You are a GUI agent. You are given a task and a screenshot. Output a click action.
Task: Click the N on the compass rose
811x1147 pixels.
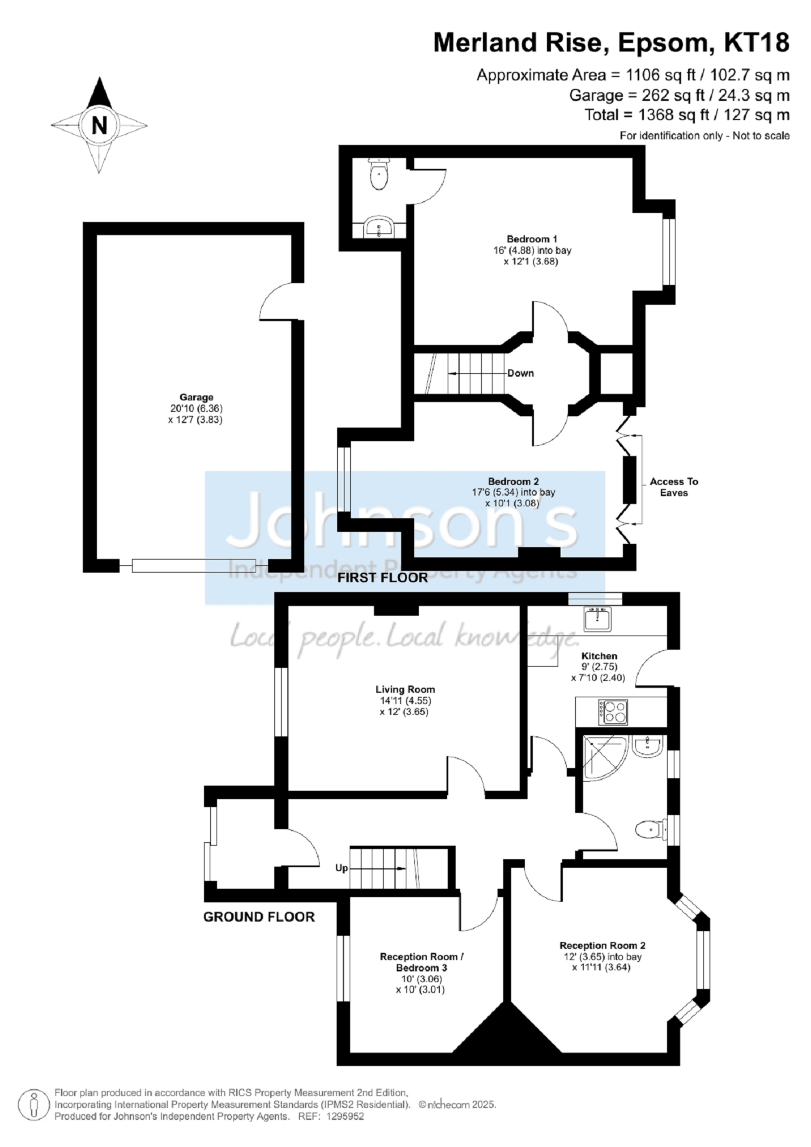click(x=99, y=125)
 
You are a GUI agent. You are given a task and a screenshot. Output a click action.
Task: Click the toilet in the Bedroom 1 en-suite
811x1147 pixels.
click(x=379, y=173)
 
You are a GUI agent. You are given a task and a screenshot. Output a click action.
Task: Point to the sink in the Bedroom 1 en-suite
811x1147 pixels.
click(x=379, y=227)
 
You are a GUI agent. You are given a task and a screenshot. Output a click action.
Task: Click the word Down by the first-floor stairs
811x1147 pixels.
click(x=521, y=373)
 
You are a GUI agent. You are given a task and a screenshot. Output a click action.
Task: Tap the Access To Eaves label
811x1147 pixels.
click(x=674, y=487)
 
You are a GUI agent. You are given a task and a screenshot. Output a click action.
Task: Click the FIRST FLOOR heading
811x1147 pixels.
click(x=383, y=578)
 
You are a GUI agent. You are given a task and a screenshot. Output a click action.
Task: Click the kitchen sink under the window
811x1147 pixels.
click(x=597, y=619)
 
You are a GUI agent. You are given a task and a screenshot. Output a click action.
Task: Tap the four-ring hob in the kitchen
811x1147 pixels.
click(x=614, y=712)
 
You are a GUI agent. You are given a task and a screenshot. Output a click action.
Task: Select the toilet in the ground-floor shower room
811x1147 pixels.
click(x=651, y=830)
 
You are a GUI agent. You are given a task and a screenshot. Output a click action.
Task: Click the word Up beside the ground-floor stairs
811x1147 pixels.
click(x=342, y=868)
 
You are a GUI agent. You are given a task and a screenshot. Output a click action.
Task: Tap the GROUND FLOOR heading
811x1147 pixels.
click(x=259, y=917)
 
